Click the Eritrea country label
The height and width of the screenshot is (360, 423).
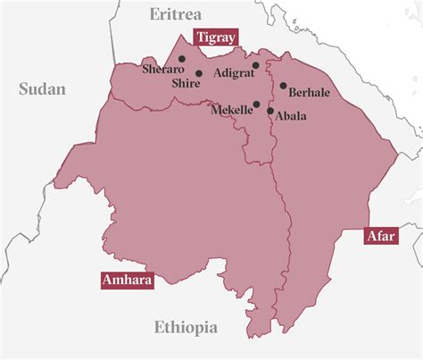click(176, 14)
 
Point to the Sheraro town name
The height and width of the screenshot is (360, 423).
click(162, 68)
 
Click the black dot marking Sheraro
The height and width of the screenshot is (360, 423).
click(182, 59)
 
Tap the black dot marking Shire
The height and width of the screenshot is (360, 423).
click(199, 73)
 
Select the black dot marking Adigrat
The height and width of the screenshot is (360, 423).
click(255, 65)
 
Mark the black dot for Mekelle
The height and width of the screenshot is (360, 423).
click(257, 105)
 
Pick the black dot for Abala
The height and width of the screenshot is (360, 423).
click(270, 112)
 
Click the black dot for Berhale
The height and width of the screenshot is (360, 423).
click(283, 87)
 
